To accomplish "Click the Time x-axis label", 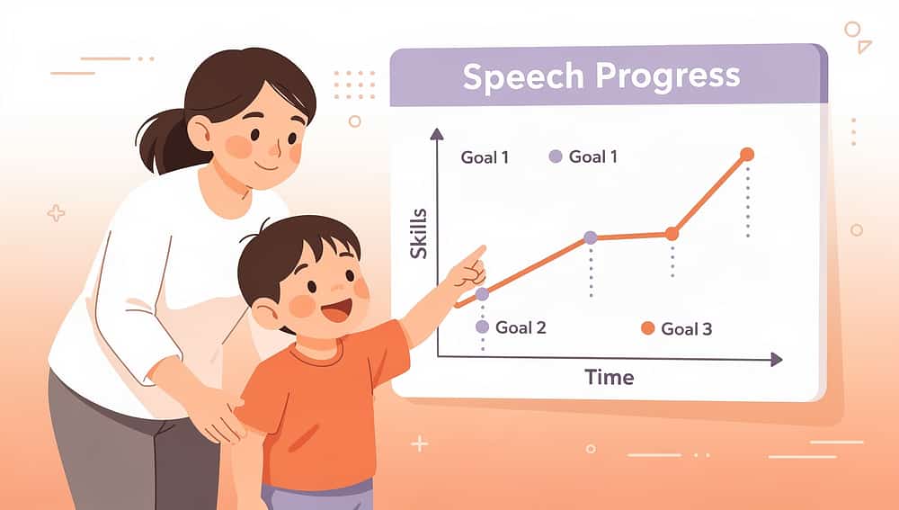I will pos(609,377).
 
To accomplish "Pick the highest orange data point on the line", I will pos(746,155).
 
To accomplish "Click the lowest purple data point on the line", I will pos(482,294).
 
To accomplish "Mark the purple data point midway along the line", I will pos(590,237).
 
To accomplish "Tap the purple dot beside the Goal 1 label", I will pos(556,157).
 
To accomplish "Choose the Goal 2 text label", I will pos(521,327).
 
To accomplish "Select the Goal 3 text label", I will pos(686,328).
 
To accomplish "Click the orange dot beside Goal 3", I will pos(647,328).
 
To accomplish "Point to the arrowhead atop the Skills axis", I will pos(437,134).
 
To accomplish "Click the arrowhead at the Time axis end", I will pos(776,359).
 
